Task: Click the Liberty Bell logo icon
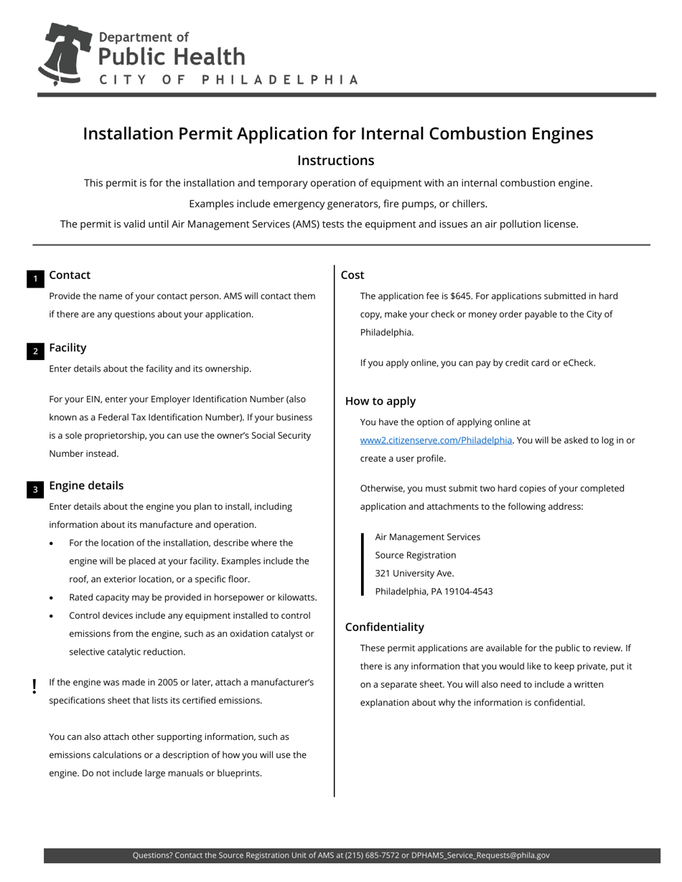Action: [65, 54]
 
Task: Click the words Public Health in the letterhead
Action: [172, 57]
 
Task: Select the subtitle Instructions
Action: [335, 161]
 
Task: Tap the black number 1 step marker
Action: [35, 280]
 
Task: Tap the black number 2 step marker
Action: [35, 351]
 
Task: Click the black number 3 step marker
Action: [35, 490]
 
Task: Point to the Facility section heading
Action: [67, 348]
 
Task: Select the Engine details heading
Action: [86, 485]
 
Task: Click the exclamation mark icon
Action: [34, 687]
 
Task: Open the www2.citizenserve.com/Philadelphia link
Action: [436, 440]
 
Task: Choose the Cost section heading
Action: [352, 275]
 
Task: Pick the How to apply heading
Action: [380, 402]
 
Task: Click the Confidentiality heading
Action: [384, 627]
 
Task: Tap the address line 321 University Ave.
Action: [414, 574]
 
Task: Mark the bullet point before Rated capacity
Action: [51, 598]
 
